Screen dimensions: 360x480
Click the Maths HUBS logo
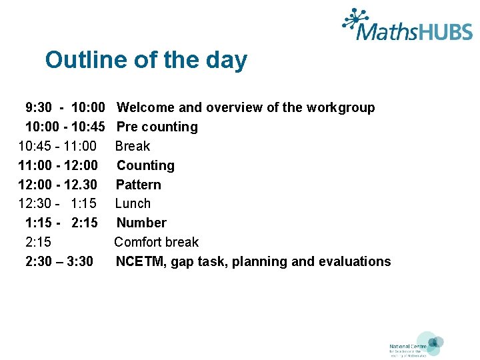click(x=407, y=26)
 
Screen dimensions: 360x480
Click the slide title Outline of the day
click(x=146, y=60)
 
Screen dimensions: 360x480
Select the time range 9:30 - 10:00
click(x=65, y=107)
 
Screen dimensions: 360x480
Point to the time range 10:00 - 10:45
click(x=65, y=127)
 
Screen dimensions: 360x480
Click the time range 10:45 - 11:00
click(x=57, y=146)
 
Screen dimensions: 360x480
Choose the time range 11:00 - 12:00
click(x=58, y=165)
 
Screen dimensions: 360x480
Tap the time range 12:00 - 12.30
click(x=58, y=185)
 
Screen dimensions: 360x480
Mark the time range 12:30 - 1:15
click(x=57, y=203)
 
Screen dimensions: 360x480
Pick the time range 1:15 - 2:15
click(x=61, y=223)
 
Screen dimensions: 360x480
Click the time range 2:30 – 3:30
click(x=59, y=261)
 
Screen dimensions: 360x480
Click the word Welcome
click(x=145, y=107)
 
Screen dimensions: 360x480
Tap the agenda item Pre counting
click(x=157, y=127)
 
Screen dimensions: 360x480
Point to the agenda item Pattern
click(x=139, y=185)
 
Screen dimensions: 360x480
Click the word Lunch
click(x=133, y=203)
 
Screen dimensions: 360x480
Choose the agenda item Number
click(x=141, y=223)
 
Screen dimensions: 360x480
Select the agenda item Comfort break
click(x=157, y=242)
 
